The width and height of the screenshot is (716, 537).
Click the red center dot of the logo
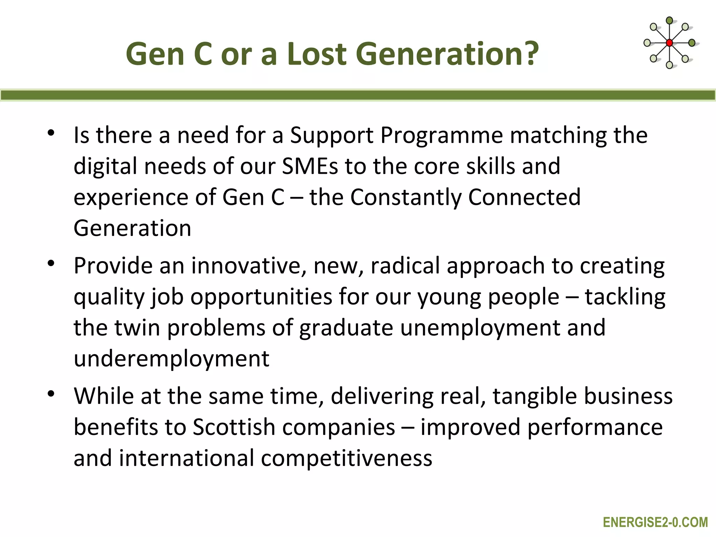pos(669,43)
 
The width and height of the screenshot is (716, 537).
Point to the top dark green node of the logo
pos(669,21)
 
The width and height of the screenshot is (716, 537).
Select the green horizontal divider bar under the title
pos(358,95)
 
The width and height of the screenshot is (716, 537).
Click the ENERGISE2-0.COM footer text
pos(655,522)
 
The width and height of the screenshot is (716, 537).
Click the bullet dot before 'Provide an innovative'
pos(51,264)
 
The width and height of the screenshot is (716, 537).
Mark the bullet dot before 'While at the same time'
pos(51,394)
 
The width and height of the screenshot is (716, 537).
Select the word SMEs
pos(310,166)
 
